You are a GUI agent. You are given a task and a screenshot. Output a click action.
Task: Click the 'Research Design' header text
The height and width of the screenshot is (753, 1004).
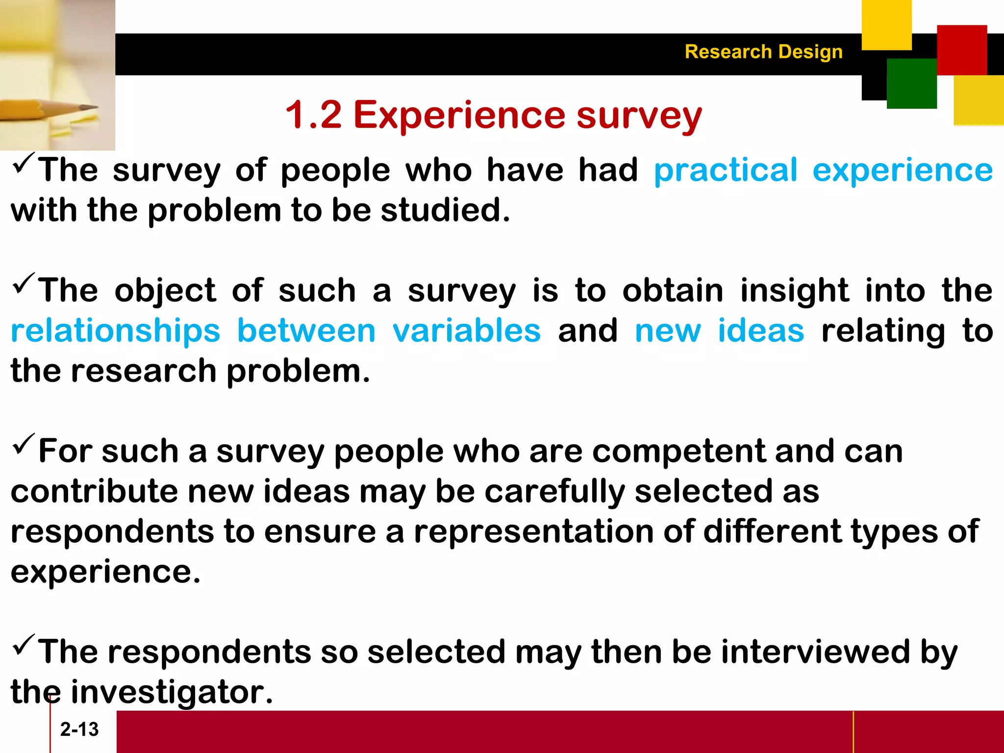[763, 52]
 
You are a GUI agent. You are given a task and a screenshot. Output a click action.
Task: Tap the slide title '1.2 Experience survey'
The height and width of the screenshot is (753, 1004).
[493, 115]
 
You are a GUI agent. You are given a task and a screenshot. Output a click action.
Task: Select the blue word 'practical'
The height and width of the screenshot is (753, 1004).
[726, 171]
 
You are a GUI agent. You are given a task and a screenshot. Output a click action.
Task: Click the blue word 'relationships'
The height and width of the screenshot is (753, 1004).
[116, 331]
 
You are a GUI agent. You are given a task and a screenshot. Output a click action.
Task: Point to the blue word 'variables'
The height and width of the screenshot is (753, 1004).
[467, 330]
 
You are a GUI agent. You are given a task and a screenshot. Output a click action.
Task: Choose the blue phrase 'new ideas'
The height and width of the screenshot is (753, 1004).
[719, 330]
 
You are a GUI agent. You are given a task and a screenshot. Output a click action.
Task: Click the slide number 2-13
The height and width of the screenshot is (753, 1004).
[79, 729]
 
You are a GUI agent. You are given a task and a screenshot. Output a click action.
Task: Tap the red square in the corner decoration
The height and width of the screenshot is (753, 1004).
[962, 50]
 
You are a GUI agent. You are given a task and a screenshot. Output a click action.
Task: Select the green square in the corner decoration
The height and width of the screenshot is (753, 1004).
[911, 84]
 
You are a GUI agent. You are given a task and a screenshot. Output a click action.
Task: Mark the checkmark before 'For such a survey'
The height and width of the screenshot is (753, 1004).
[24, 443]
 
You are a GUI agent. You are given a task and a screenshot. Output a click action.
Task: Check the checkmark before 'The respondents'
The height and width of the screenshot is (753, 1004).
[24, 644]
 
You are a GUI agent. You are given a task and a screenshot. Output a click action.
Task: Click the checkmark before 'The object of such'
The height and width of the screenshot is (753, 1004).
[24, 283]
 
